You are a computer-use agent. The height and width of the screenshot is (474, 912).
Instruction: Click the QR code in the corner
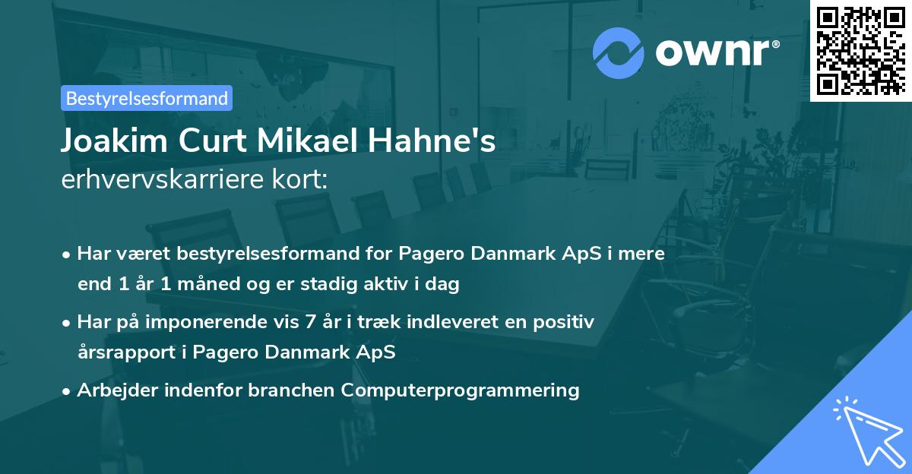click(x=860, y=50)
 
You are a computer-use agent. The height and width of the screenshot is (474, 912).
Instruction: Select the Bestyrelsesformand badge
click(x=147, y=98)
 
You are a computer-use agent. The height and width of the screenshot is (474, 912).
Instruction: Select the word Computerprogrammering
click(x=461, y=390)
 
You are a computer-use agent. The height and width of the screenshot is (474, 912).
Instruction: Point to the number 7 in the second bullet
click(x=309, y=322)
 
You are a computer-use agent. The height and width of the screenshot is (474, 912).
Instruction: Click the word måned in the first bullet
click(x=211, y=285)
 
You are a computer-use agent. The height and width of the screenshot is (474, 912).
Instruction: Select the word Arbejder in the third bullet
click(x=112, y=390)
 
